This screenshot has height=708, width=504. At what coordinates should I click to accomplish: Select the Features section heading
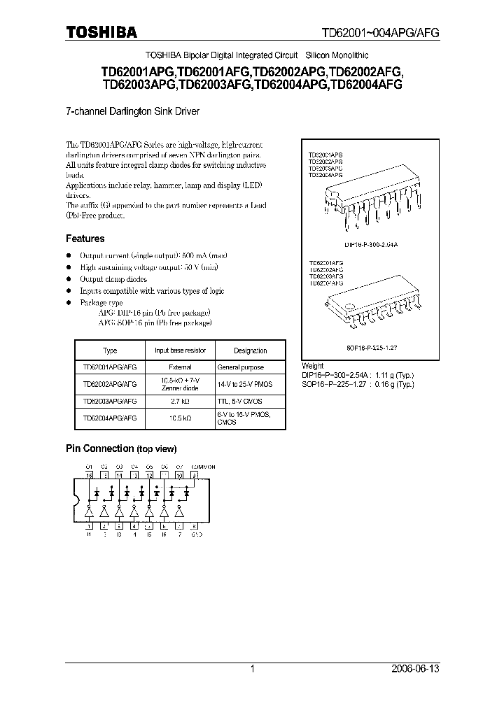(x=85, y=239)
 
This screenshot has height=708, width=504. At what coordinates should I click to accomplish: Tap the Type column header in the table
(x=109, y=351)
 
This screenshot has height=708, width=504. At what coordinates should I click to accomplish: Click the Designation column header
(x=250, y=351)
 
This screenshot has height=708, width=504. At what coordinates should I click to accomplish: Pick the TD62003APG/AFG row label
(x=109, y=401)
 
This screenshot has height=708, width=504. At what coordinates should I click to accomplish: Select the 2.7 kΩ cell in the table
(x=180, y=401)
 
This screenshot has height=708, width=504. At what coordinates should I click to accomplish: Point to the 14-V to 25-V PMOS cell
(x=245, y=384)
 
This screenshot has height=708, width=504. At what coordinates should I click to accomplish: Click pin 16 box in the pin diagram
(x=89, y=474)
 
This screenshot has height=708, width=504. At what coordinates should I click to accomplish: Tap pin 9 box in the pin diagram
(x=195, y=474)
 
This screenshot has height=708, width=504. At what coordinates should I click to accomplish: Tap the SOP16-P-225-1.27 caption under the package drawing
(x=356, y=347)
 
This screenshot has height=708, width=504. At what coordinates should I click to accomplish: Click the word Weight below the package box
(x=312, y=365)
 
